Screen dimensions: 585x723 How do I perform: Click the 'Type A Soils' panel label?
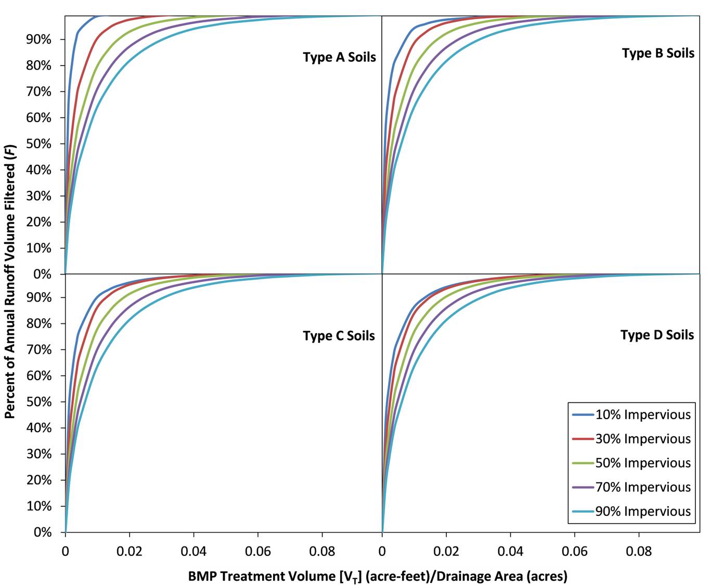point(339,57)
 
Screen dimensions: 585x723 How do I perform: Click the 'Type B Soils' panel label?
point(658,53)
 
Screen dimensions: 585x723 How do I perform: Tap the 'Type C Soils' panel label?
point(339,336)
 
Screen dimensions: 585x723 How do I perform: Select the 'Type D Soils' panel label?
point(657,335)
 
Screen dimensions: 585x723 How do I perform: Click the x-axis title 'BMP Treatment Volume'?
point(378,576)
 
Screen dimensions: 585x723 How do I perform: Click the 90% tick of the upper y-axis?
point(38,40)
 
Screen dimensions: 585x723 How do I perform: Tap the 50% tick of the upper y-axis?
point(38,144)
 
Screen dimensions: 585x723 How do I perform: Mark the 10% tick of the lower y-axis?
point(38,506)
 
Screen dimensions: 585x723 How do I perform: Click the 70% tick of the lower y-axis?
point(38,349)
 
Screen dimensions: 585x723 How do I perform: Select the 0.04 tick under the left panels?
point(193,551)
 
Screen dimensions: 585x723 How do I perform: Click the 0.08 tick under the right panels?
point(639,551)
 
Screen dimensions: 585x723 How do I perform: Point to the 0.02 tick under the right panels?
point(446,551)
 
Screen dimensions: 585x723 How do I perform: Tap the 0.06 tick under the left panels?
point(258,551)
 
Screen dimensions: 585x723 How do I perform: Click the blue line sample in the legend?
point(583,415)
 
